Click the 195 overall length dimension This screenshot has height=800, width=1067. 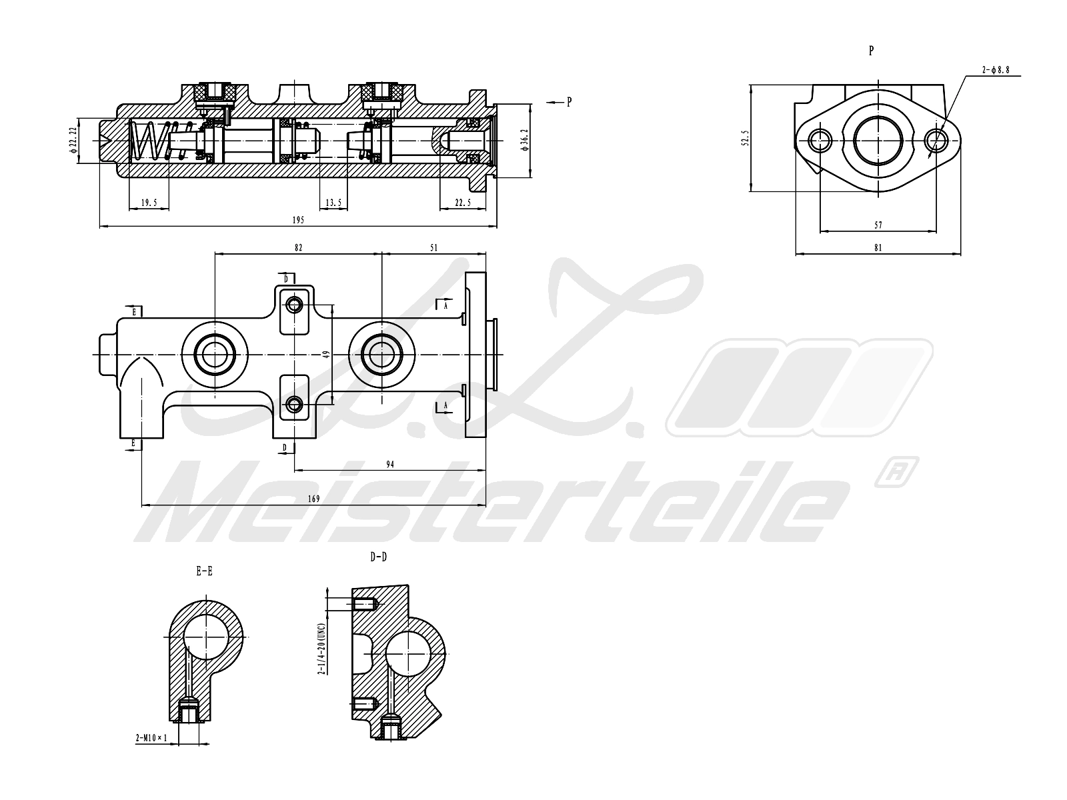point(298,220)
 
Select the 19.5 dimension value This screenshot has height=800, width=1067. point(149,203)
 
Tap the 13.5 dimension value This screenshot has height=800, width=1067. point(333,203)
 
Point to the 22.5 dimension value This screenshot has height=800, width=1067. point(463,203)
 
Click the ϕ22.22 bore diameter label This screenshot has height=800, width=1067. point(73,141)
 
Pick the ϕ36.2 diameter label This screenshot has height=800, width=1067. point(524,141)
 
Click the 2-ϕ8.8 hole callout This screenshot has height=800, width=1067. point(996,70)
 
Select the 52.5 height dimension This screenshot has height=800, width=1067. point(746,138)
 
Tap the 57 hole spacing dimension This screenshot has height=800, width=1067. point(878,225)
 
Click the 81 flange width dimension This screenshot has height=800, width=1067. point(878,247)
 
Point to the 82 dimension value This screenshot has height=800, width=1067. point(298,247)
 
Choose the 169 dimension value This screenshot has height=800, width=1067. point(313,499)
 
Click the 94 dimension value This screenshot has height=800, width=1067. point(390,465)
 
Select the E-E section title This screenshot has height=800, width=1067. point(204,571)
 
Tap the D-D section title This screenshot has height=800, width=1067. point(379,557)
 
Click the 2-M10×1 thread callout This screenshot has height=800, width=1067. point(151,738)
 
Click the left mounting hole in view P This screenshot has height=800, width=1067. point(820,141)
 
